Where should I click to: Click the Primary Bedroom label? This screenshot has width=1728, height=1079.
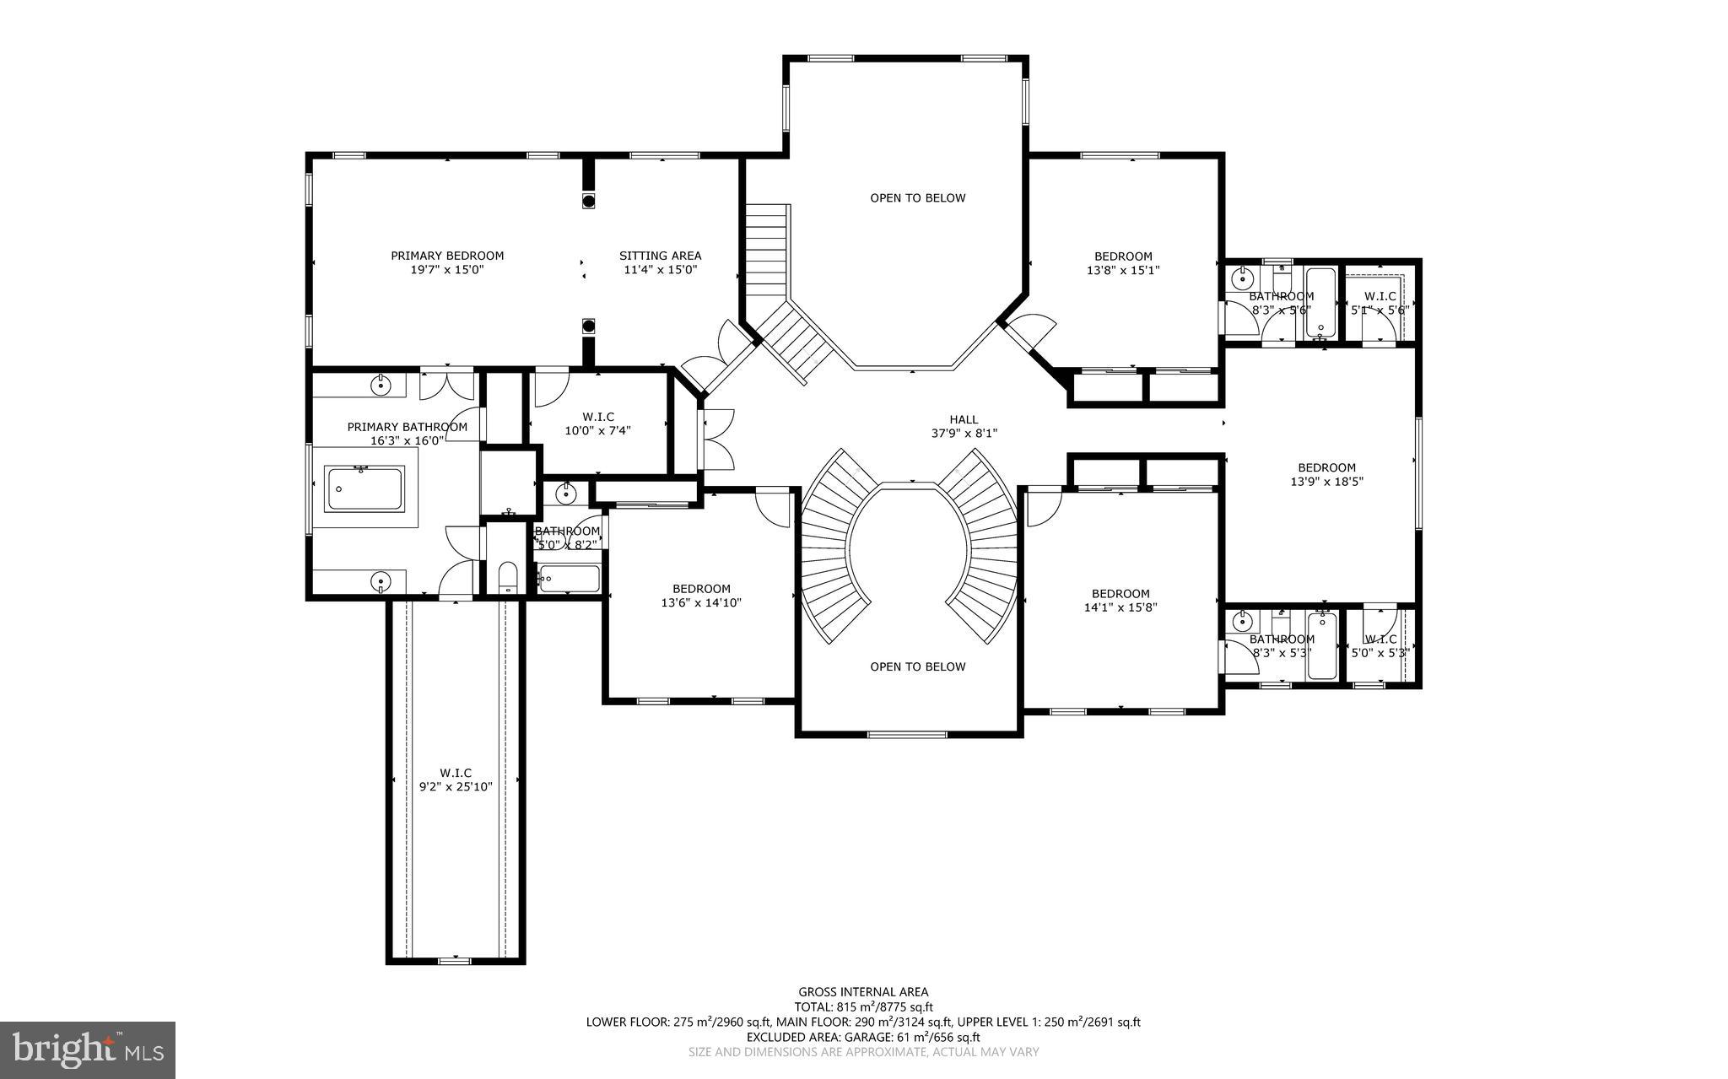(x=447, y=262)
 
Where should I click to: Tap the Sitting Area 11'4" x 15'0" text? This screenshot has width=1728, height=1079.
(x=660, y=262)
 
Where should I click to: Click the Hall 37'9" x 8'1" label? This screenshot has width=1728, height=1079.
(x=964, y=426)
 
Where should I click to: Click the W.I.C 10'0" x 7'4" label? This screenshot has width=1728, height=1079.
(x=597, y=424)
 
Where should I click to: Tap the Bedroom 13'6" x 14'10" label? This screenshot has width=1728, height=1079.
(x=701, y=596)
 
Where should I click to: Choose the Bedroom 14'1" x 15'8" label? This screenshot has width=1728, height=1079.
(x=1120, y=600)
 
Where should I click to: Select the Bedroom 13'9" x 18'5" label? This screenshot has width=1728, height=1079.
(x=1326, y=474)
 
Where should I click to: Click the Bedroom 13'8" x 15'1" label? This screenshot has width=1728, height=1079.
(x=1123, y=263)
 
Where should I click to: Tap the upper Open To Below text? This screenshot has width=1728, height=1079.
(x=918, y=198)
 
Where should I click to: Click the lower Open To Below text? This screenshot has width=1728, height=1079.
(x=918, y=667)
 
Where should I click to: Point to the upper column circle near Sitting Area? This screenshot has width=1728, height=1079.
(x=589, y=200)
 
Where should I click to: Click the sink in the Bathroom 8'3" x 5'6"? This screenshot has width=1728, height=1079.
(x=1243, y=277)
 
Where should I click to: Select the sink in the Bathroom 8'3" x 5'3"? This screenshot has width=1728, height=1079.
(x=1242, y=623)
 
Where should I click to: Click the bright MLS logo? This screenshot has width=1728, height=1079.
(x=88, y=1049)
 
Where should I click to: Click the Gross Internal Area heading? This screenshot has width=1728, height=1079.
(x=863, y=992)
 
